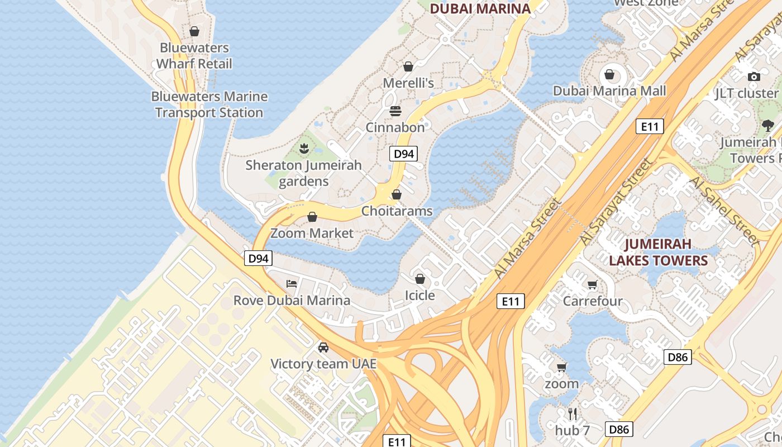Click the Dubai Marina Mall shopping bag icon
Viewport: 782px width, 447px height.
(609, 74)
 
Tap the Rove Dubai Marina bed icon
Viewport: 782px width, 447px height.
(291, 284)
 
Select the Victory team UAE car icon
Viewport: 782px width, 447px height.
(323, 348)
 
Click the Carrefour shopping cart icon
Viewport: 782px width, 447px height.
(592, 285)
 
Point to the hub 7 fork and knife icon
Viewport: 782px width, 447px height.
(572, 414)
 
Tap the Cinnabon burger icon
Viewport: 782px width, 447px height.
(395, 111)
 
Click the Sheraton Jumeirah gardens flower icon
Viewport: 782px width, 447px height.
(304, 149)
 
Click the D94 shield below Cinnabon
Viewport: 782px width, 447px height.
(403, 154)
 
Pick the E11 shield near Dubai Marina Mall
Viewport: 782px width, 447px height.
(650, 126)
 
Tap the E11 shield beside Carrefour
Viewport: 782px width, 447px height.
(510, 302)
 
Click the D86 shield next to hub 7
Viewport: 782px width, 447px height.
(619, 429)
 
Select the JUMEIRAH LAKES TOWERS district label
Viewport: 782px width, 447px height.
(658, 252)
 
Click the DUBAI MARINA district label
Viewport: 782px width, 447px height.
(480, 8)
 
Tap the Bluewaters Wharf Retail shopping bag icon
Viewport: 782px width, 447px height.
(194, 31)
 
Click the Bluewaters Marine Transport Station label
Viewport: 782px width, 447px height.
(209, 104)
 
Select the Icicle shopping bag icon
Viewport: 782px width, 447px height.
(420, 279)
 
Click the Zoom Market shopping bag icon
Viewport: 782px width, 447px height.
(312, 217)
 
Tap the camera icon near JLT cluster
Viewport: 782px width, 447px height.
(754, 77)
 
